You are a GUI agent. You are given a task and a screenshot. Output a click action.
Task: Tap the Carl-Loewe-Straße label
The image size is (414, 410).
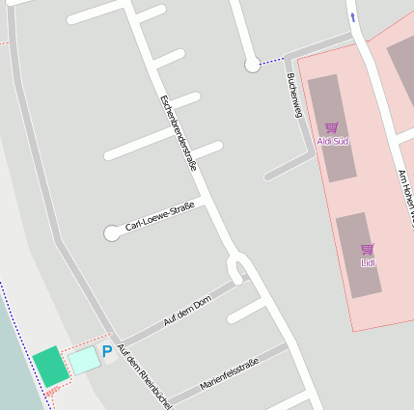point(159,217)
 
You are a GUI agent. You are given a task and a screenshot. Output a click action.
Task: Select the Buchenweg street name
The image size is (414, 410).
point(294,96)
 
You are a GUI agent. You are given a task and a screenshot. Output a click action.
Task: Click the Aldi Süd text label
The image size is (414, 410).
point(333,142)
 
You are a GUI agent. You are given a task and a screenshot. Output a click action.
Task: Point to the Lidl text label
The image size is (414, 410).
point(368,262)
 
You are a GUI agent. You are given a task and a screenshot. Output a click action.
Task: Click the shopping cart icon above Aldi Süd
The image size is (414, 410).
point(332,127)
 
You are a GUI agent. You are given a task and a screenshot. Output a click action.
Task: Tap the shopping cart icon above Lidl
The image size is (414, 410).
point(367,249)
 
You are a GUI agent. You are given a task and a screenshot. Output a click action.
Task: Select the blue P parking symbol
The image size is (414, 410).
point(106,352)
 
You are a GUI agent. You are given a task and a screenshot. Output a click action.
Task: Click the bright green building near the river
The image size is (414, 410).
point(50,367)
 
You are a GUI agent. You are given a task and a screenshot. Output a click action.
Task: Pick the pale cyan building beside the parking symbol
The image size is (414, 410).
point(83,360)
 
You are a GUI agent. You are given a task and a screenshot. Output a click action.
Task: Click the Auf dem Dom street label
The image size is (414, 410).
point(186,314)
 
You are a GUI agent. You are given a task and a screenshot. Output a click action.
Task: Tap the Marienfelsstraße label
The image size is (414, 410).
point(229,373)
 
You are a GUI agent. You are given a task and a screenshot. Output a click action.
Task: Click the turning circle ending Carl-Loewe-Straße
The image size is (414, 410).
point(112,232)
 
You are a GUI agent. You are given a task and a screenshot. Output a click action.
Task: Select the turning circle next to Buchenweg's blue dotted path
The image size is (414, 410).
point(253,65)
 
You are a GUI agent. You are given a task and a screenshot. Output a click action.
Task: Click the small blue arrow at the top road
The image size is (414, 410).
point(352,17)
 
